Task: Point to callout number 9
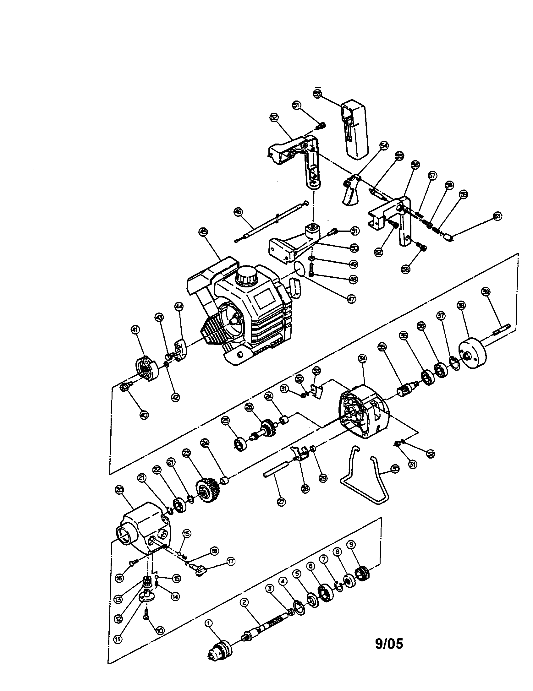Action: point(351,544)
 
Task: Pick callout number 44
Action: point(179,306)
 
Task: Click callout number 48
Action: point(353,279)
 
